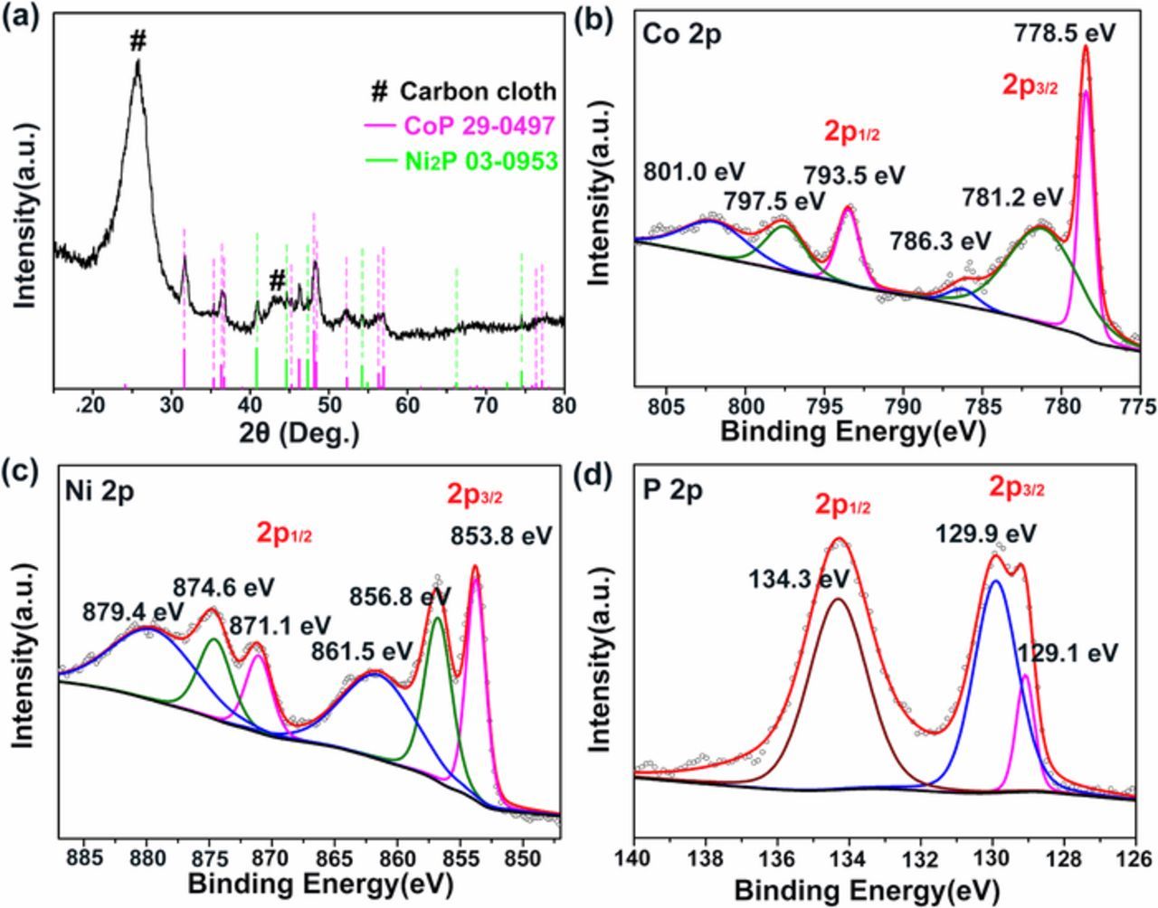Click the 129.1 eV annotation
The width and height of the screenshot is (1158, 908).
point(1068,652)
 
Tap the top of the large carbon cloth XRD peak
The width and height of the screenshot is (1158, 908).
point(138,61)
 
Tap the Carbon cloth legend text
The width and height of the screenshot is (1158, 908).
point(477,91)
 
